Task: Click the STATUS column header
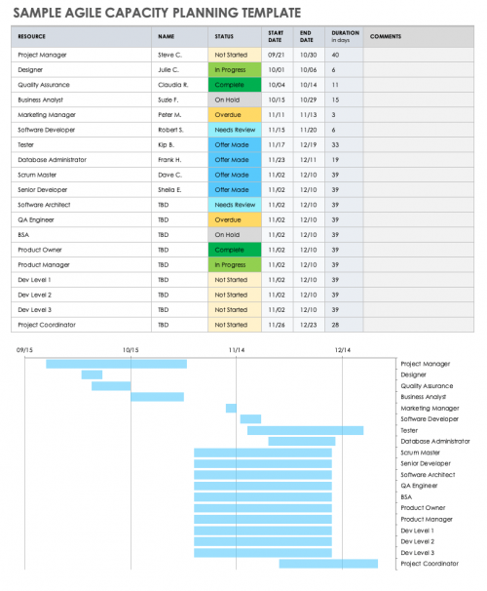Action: coord(224,36)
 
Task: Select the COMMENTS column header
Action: coord(386,36)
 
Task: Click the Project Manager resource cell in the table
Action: coord(42,55)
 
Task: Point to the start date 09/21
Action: coord(276,55)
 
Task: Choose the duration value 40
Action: coord(335,55)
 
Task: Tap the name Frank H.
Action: coord(170,159)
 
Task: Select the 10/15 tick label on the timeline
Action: coord(131,348)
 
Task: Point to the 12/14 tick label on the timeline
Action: coord(342,348)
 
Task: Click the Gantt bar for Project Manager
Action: coord(117,364)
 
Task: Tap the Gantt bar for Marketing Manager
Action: coord(231,408)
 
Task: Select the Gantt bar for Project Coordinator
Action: coord(328,563)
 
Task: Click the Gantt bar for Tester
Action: coord(305,430)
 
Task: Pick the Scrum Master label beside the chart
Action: coord(421,453)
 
